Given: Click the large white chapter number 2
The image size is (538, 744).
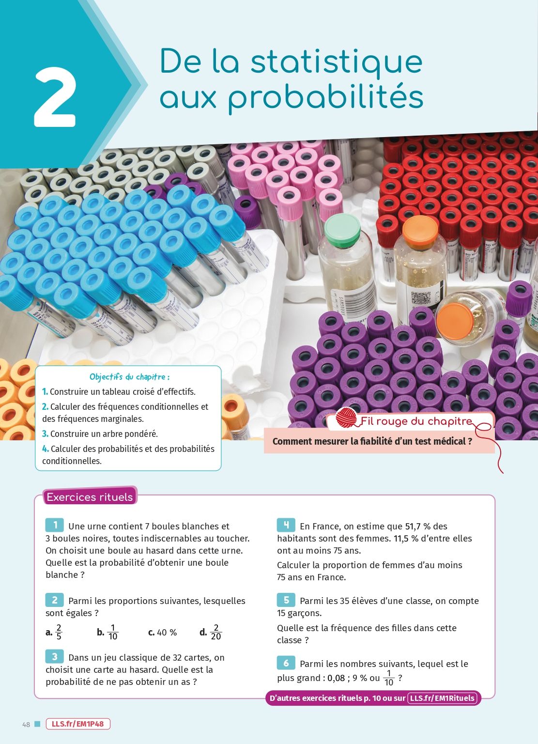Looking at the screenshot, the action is [x=55, y=97].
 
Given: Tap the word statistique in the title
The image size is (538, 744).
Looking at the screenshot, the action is [x=337, y=62].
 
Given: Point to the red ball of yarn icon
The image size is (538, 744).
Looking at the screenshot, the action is [x=346, y=418].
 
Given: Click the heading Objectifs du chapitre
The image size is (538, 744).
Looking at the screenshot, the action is [x=129, y=377].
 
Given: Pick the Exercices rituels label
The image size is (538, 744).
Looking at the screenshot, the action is [x=90, y=497].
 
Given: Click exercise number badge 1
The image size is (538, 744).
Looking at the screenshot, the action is [x=54, y=525].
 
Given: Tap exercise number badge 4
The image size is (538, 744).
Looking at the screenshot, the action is [x=286, y=525].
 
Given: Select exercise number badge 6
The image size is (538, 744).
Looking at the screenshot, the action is [x=286, y=663].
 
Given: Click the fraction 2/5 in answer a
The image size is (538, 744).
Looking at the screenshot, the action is [x=59, y=632].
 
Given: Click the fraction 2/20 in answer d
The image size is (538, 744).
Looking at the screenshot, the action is [x=216, y=632].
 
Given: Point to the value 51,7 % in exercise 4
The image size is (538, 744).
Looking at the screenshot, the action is [x=418, y=527].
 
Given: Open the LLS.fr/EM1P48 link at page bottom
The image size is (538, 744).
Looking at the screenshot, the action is [x=77, y=724].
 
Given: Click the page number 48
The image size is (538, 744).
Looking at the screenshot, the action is [x=26, y=725].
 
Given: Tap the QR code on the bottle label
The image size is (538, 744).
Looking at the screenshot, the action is [x=421, y=298].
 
